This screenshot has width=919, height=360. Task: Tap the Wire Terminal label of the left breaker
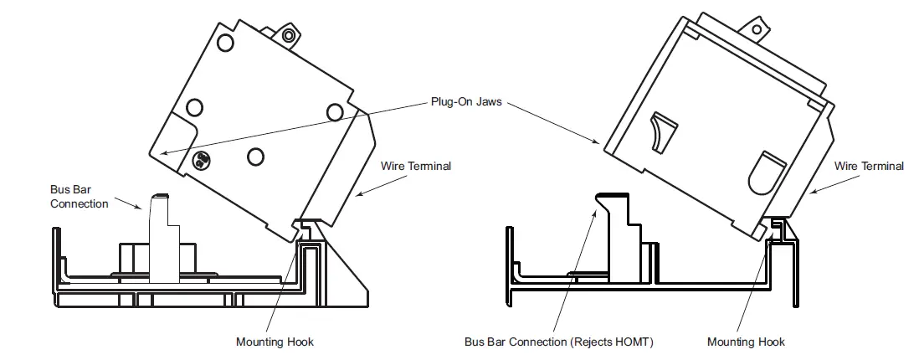(416, 166)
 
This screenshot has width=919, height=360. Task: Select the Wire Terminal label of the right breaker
(870, 166)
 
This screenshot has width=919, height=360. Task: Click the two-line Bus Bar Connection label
(80, 197)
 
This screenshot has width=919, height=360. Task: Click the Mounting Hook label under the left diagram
(275, 342)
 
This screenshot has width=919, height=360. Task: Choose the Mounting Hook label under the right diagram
(746, 342)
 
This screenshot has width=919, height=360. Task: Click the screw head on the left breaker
(201, 159)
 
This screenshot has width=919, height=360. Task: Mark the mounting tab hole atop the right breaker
(758, 30)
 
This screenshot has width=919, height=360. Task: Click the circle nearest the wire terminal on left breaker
(335, 111)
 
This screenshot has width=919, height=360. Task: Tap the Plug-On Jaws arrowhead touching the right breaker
(599, 144)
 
